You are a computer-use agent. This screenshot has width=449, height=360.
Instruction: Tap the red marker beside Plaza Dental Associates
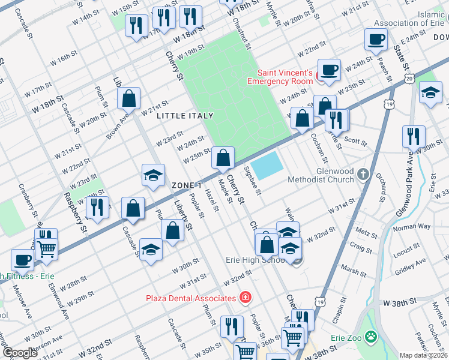point(245,298)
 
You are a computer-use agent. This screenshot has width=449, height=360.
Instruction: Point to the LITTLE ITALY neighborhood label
point(181,116)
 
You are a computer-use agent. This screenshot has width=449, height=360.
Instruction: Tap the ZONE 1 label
point(186,185)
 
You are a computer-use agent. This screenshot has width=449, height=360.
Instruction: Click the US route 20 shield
point(409,79)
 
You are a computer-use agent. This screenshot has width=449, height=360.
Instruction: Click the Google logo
point(20,353)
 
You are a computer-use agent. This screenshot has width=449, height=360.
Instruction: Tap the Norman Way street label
point(411,227)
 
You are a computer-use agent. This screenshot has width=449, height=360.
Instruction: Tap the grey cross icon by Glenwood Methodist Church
point(363,175)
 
